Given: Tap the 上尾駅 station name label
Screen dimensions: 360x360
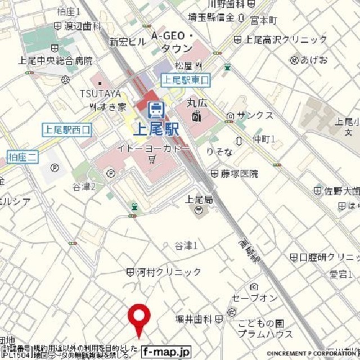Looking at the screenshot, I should pyautogui.click(x=156, y=129).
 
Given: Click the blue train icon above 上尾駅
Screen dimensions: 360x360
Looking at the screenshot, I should pyautogui.click(x=154, y=109).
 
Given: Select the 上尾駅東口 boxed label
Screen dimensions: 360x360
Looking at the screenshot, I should pyautogui.click(x=185, y=80).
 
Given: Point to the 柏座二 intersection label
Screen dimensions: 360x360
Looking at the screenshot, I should pyautogui.click(x=22, y=157).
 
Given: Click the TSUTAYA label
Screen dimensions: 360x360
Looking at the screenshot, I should pyautogui.click(x=100, y=93).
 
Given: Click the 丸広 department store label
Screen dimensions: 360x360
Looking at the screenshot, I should pyautogui.click(x=197, y=105).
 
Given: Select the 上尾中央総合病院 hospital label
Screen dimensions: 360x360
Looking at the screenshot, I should pyautogui.click(x=56, y=61).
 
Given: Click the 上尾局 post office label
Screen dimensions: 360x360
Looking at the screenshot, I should pyautogui.click(x=199, y=199).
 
